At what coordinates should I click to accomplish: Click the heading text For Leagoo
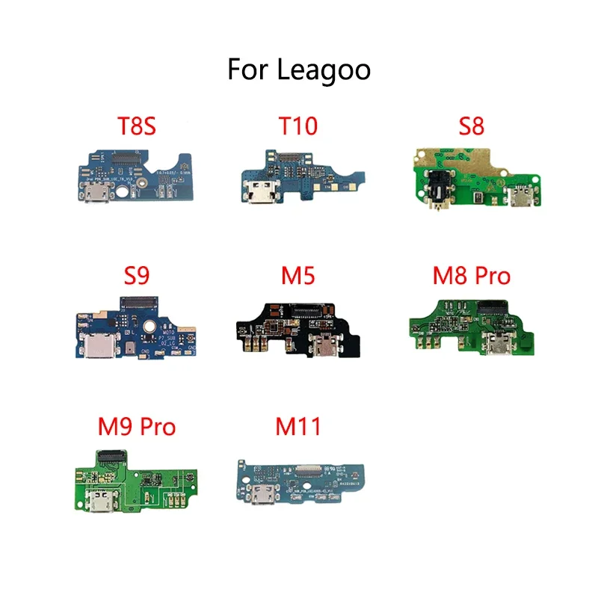[x=299, y=70]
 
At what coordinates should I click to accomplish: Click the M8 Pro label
[x=471, y=277]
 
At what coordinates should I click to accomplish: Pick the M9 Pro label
[x=136, y=427]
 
